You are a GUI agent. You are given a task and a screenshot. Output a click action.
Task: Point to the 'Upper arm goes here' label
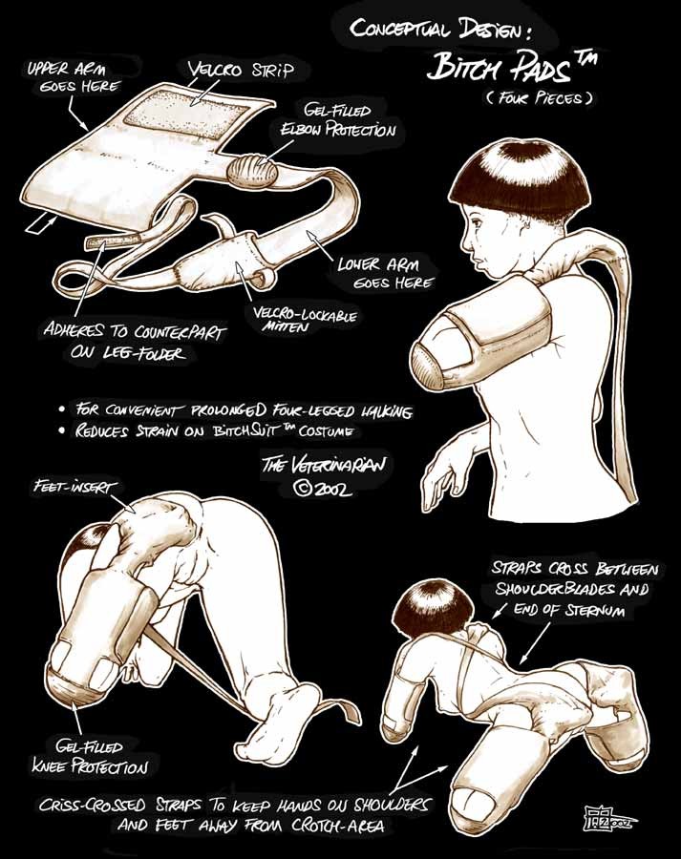pos(74,77)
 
